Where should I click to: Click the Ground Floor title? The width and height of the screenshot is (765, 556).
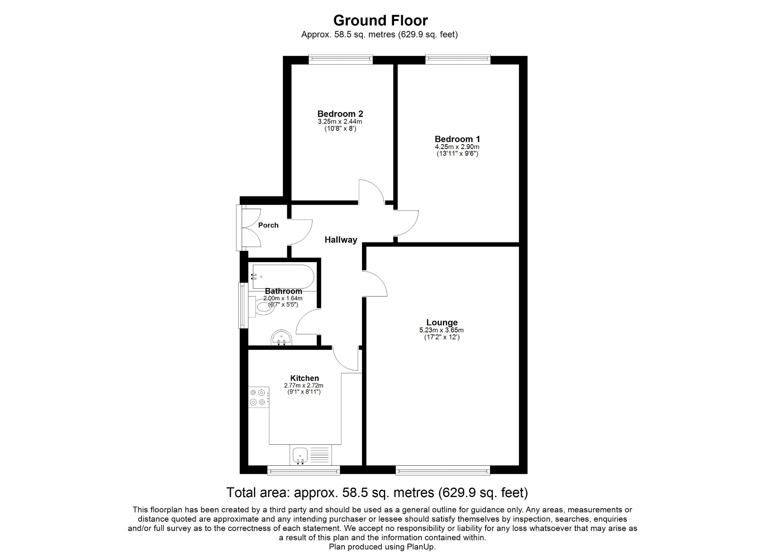coord(380,20)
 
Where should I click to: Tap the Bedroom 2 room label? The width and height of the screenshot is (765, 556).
coord(340,114)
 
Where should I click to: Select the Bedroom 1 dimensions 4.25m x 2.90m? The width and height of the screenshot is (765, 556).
coord(457,147)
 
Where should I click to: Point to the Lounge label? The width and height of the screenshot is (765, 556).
coord(442,322)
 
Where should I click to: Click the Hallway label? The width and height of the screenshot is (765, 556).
coord(341,240)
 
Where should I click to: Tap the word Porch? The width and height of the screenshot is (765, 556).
coord(268,225)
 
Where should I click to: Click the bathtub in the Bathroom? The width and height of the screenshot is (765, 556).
coord(283,276)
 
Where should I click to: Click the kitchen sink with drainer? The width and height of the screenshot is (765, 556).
coord(310,455)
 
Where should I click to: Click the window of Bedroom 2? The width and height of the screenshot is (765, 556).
coord(340,59)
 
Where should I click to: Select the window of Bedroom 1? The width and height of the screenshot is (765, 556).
coord(458,59)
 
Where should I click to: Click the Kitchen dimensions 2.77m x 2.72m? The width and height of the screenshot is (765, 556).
coord(303,385)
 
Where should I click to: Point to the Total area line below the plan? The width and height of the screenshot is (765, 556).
coord(377,493)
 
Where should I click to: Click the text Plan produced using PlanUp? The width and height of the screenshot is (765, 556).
coord(382,547)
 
